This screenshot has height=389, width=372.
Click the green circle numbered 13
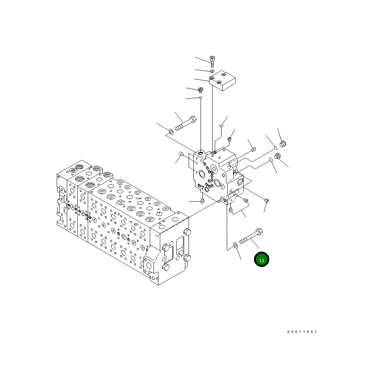[x=261, y=259]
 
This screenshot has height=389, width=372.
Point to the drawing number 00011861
[x=302, y=332]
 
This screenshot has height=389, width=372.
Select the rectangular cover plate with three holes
[x=222, y=80]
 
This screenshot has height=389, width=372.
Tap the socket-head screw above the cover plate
[x=212, y=62]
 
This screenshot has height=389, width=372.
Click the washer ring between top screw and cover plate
[x=212, y=71]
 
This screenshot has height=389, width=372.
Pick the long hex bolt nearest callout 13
[x=251, y=236]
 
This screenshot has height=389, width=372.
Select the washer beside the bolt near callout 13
[x=235, y=246]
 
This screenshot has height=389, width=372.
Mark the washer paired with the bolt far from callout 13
[x=171, y=131]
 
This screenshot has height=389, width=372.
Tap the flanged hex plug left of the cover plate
[x=201, y=90]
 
